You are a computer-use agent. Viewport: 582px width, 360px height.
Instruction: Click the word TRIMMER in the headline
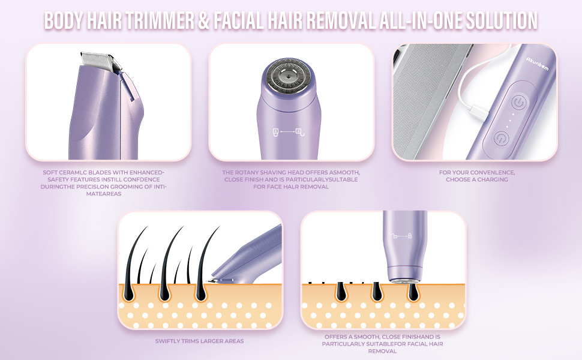[160, 20]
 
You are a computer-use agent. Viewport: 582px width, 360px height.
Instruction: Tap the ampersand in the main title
[204, 20]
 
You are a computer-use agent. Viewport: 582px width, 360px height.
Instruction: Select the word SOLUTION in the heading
[502, 20]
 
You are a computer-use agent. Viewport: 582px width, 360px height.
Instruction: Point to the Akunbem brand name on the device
[537, 64]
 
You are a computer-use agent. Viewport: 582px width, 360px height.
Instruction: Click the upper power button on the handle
[519, 101]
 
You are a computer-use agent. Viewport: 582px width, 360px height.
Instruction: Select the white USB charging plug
[479, 112]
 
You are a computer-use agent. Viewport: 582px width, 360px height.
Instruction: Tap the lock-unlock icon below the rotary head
[289, 131]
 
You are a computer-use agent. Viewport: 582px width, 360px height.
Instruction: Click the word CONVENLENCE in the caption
[494, 173]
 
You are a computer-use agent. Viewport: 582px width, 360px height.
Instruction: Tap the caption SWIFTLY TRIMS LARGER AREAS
[199, 341]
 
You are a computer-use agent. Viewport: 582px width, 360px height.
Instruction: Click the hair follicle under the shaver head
[412, 292]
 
